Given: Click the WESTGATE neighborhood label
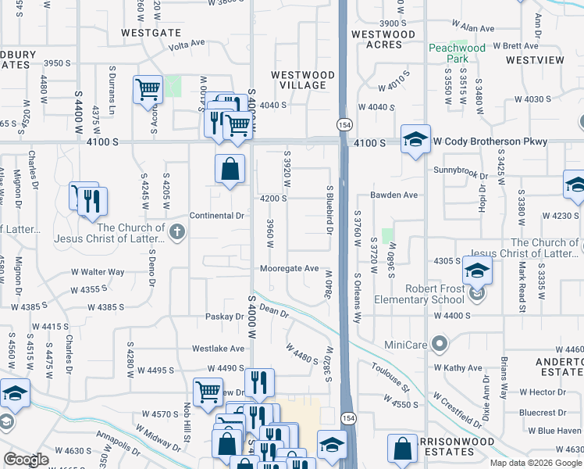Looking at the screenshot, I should tap(151, 33).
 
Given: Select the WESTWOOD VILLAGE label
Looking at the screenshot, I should tap(303, 80).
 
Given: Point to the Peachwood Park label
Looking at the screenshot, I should tap(457, 53).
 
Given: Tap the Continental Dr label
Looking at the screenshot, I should tap(217, 215).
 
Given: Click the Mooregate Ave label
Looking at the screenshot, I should tap(290, 269).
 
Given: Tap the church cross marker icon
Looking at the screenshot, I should tap(177, 231).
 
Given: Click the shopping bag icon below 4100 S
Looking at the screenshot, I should tap(230, 169).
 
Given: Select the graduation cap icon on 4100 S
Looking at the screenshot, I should tap(415, 140).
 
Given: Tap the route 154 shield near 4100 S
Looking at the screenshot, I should tap(342, 125).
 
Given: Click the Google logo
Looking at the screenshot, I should tap(26, 460).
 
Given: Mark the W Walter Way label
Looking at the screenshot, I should tap(98, 272).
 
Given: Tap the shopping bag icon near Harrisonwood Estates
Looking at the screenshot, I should tap(402, 449).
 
